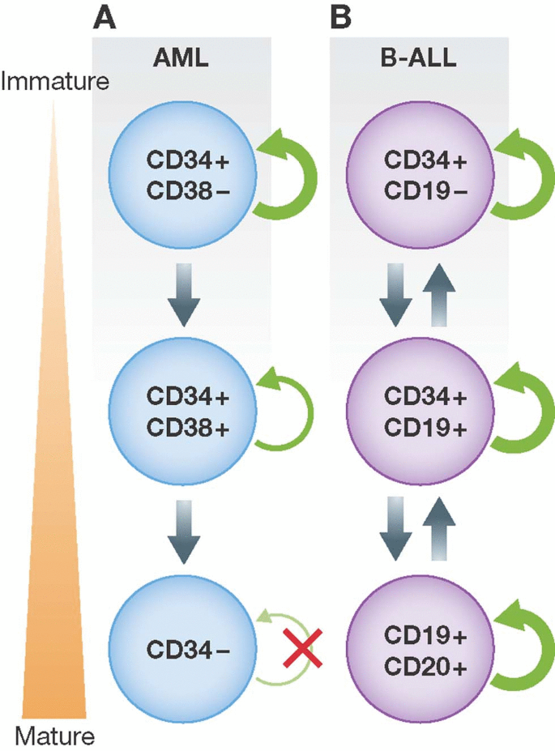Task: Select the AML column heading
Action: pyautogui.click(x=182, y=62)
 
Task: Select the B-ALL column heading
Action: pyautogui.click(x=418, y=62)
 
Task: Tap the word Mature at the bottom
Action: pyautogui.click(x=54, y=736)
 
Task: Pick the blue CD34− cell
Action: pyautogui.click(x=182, y=648)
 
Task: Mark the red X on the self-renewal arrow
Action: pyautogui.click(x=305, y=653)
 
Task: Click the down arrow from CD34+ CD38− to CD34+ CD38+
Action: pyautogui.click(x=182, y=295)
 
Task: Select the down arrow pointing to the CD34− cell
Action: pyautogui.click(x=182, y=531)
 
